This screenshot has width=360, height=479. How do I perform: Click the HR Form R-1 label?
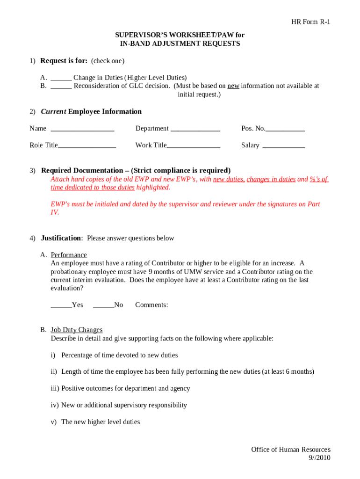click(311, 22)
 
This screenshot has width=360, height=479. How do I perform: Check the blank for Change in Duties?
click(61, 78)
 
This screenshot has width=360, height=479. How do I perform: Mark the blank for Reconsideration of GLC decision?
click(61, 87)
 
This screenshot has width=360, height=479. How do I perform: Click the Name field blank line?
click(82, 129)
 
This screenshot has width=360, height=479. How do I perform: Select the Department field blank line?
click(195, 129)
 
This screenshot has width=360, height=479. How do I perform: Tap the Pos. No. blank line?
click(285, 129)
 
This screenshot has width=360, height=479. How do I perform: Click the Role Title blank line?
click(86, 146)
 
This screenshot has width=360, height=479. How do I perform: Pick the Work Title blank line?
click(193, 146)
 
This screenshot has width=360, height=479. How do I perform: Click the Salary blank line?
click(284, 146)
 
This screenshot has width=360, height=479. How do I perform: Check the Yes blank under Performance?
click(61, 305)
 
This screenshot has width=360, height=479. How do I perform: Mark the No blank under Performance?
click(103, 305)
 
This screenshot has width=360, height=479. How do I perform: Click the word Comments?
click(151, 305)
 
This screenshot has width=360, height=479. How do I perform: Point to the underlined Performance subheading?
click(69, 255)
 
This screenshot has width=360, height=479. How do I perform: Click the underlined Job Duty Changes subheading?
click(77, 330)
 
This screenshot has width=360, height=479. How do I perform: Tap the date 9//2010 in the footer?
click(319, 457)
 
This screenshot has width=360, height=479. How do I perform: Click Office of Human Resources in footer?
click(290, 450)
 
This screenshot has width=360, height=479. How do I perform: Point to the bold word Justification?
click(61, 238)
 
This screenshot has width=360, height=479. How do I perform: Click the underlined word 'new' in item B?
click(233, 86)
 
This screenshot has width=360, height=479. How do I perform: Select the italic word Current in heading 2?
click(53, 111)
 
